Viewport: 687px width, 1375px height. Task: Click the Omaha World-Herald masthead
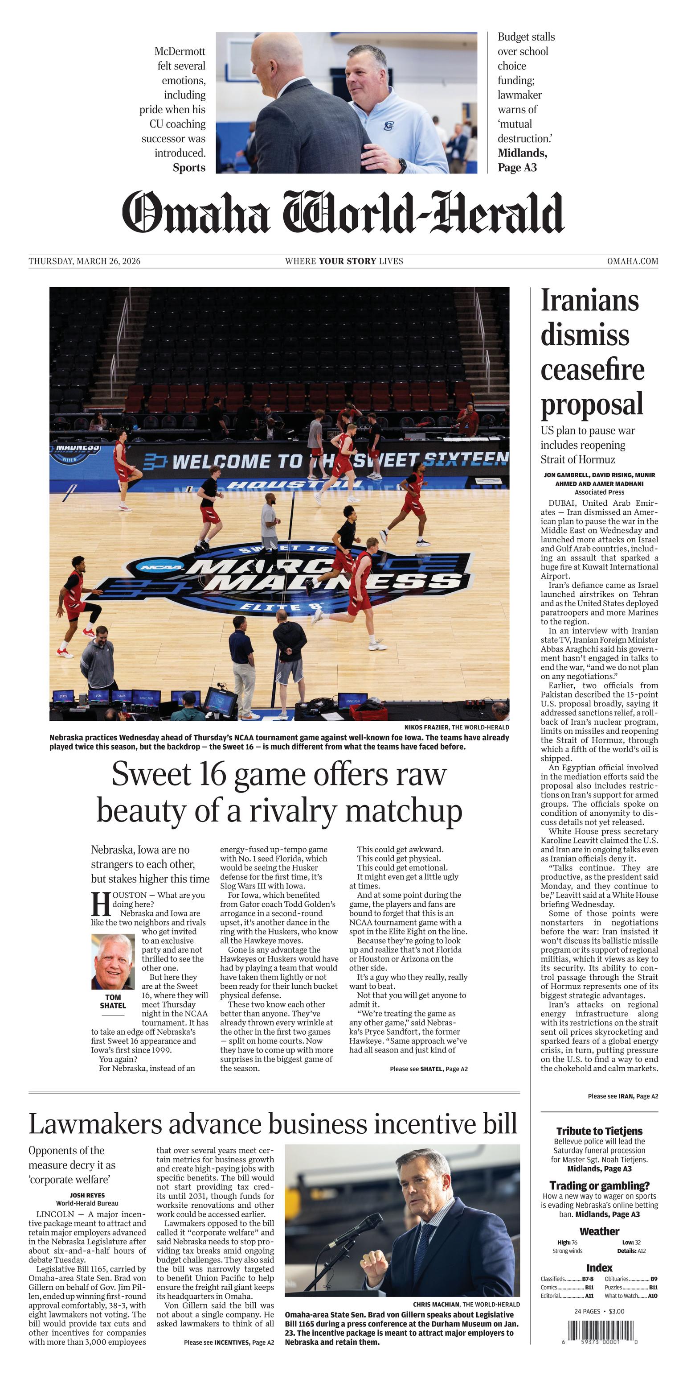(343, 212)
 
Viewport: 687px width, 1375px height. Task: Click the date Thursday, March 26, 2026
(84, 261)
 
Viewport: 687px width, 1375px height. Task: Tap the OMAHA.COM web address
(632, 261)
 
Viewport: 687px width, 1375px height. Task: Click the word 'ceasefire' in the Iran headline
(592, 369)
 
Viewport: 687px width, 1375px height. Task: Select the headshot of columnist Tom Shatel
(113, 961)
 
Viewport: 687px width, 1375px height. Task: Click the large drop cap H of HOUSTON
(100, 903)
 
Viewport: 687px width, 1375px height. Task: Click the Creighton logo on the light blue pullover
(389, 126)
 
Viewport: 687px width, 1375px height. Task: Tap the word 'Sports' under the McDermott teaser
(189, 168)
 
